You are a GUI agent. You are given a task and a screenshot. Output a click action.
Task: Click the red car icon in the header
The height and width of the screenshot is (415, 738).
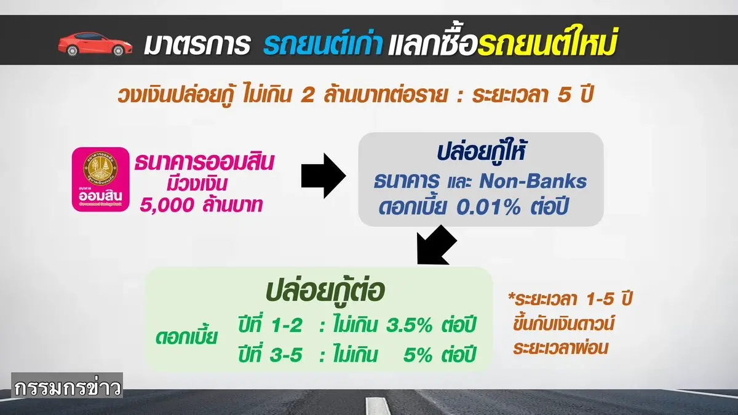(95, 44)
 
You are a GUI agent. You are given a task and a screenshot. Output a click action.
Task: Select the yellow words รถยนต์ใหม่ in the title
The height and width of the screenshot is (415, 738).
(547, 41)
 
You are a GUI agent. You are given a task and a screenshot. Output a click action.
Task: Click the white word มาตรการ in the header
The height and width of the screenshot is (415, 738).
(197, 44)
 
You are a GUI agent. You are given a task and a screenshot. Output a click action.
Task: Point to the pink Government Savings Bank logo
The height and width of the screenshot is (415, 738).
(100, 179)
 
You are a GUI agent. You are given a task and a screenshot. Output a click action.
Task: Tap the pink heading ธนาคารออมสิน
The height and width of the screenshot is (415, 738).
(204, 162)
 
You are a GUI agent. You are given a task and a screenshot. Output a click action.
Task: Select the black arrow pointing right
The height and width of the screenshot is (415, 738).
(323, 176)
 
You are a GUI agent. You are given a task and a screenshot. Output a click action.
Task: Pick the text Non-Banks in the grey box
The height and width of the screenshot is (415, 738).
(533, 181)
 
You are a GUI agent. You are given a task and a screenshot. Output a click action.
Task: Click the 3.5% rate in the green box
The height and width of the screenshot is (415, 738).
(409, 326)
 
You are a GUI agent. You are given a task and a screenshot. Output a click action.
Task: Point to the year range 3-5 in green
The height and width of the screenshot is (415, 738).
(285, 355)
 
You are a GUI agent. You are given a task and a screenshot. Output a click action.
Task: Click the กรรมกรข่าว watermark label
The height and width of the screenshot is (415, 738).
(67, 385)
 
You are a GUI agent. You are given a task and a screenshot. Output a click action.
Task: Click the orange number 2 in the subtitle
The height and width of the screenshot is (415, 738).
(307, 96)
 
